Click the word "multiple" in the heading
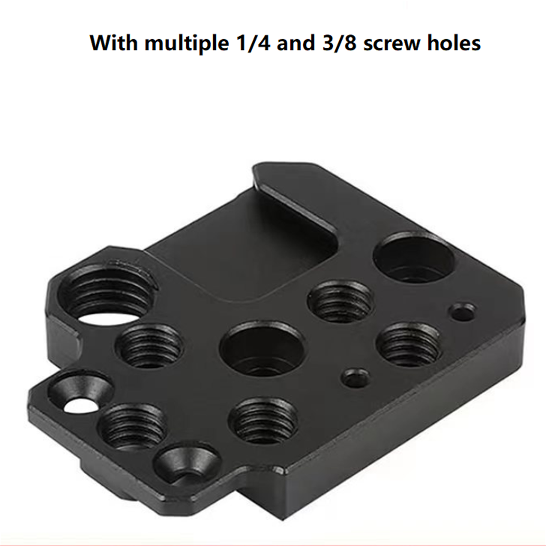point(186,43)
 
